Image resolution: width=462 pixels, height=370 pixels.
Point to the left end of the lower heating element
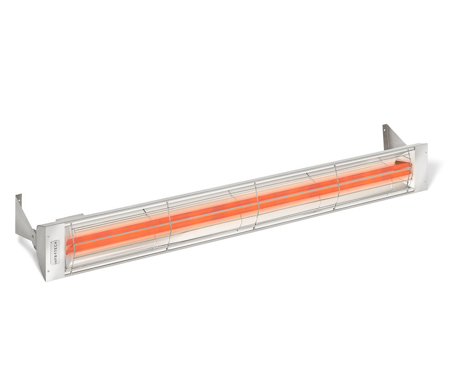click(68, 248)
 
